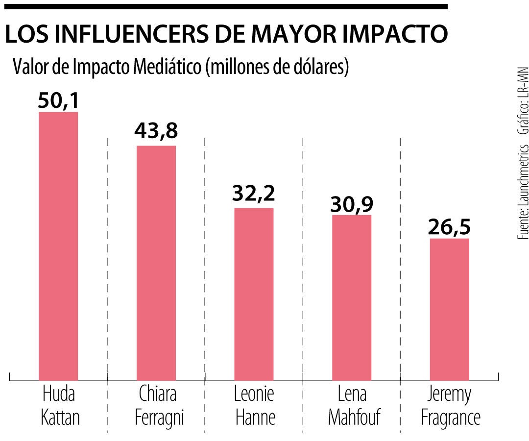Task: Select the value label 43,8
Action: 156,132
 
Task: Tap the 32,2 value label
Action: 254,195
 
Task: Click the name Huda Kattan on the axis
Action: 59,406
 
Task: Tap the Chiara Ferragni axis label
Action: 157,406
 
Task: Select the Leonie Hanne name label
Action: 254,406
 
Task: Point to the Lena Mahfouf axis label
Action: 352,406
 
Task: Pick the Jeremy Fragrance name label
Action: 450,406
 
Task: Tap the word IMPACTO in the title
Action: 398,34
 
